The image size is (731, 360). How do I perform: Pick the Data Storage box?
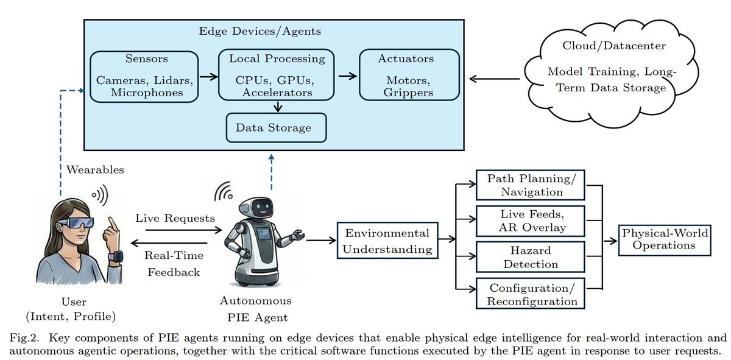coord(277,128)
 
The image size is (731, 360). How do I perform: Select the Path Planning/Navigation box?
coord(529,185)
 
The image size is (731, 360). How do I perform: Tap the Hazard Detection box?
coord(529,257)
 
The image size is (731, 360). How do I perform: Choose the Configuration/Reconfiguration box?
coord(529,294)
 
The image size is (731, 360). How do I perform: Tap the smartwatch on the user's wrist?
coord(115,256)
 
